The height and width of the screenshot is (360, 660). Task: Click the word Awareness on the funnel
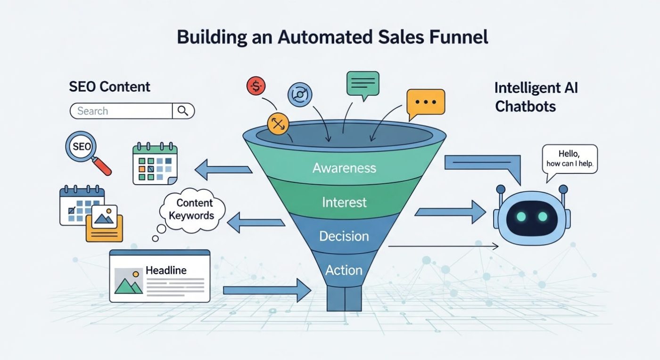pyautogui.click(x=344, y=168)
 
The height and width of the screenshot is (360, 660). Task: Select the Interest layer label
pyautogui.click(x=344, y=203)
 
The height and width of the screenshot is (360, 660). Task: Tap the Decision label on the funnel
pyautogui.click(x=344, y=236)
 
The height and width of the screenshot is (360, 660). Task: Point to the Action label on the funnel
pyautogui.click(x=344, y=270)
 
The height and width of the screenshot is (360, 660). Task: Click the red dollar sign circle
pyautogui.click(x=256, y=86)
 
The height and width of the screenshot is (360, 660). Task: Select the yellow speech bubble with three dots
pyautogui.click(x=426, y=102)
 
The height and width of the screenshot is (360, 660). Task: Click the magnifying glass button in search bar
pyautogui.click(x=183, y=111)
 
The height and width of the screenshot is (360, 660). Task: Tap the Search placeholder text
pyautogui.click(x=92, y=111)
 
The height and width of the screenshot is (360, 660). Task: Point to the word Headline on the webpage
pyautogui.click(x=166, y=270)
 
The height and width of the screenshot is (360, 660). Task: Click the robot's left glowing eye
pyautogui.click(x=521, y=216)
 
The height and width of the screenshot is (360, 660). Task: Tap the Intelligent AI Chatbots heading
pyautogui.click(x=536, y=97)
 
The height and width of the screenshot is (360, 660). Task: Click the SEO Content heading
pyautogui.click(x=109, y=87)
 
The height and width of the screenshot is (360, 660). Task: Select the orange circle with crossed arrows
pyautogui.click(x=277, y=123)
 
